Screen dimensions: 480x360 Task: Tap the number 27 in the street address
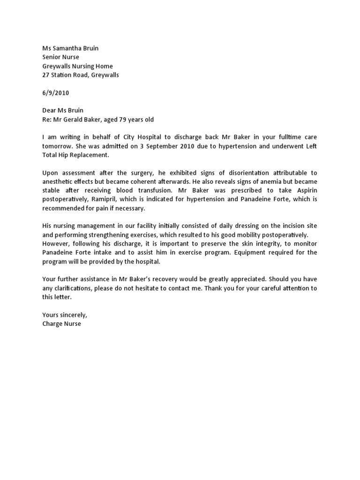(46, 75)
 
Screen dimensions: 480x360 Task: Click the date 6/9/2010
(55, 93)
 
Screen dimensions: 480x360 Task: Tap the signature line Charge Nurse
(61, 323)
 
